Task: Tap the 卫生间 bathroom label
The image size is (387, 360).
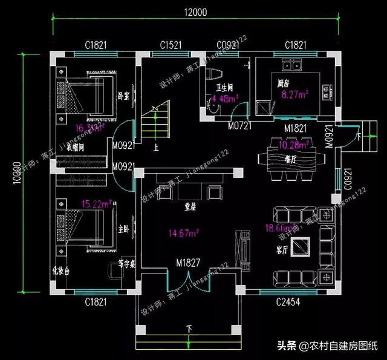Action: pos(218,87)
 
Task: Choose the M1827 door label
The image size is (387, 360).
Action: pos(189,263)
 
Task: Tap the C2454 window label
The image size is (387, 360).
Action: pos(289,301)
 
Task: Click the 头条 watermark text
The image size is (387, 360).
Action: pos(287,346)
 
